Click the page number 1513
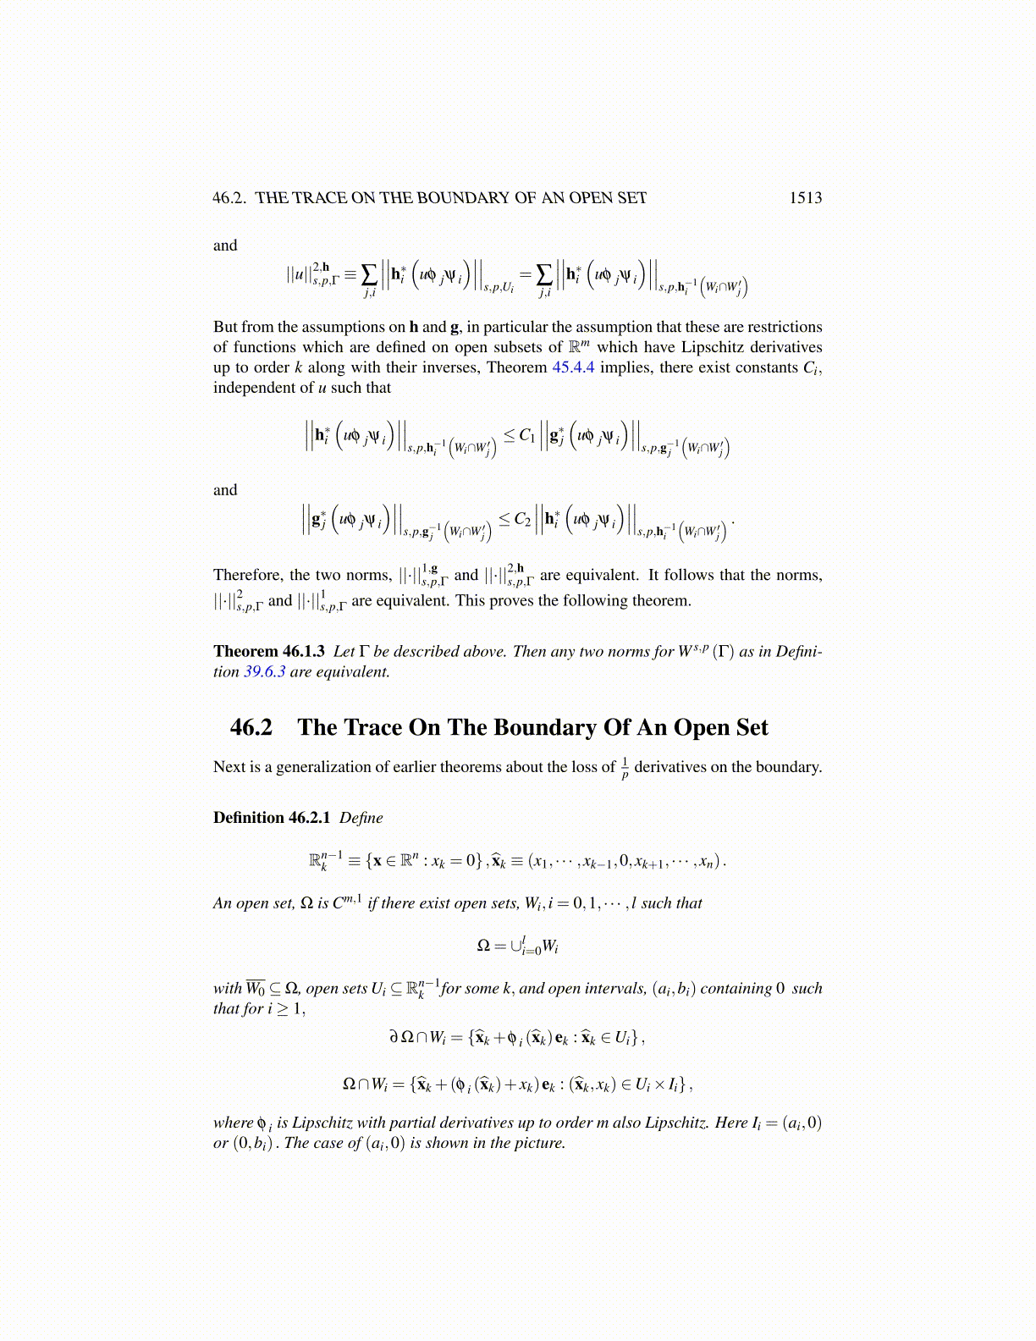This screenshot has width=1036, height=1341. pyautogui.click(x=805, y=198)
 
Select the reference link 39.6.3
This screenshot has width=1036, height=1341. pyautogui.click(x=264, y=672)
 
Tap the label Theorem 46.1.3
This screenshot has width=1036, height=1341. pyautogui.click(x=269, y=651)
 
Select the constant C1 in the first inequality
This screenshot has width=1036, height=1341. pyautogui.click(x=526, y=436)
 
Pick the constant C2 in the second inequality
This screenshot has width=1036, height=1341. pyautogui.click(x=521, y=519)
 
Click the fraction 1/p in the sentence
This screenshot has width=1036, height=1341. pyautogui.click(x=625, y=768)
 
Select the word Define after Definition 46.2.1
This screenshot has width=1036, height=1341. pyautogui.click(x=361, y=818)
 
